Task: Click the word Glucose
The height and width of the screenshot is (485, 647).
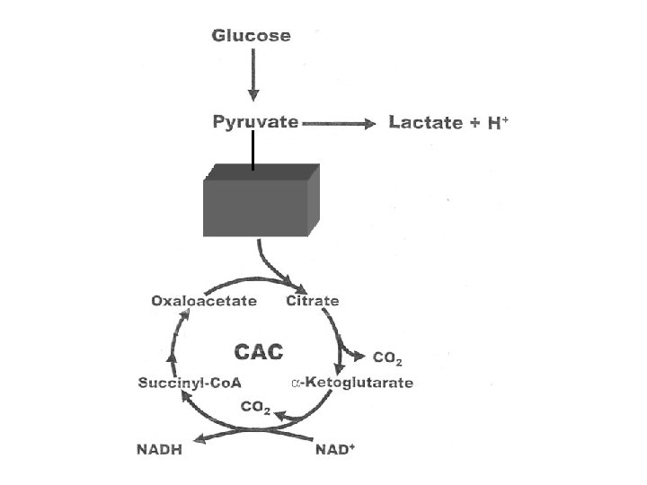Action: (251, 35)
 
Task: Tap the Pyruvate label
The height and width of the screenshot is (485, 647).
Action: (255, 122)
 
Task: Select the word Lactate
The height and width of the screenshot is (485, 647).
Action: (425, 122)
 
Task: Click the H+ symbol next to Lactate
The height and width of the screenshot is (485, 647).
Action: (498, 123)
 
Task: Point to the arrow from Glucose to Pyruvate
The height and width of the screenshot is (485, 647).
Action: (253, 75)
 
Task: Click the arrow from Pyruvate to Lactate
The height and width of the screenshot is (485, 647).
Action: (339, 123)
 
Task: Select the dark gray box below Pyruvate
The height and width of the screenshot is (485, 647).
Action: (261, 200)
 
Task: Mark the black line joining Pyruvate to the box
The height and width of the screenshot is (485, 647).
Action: (253, 150)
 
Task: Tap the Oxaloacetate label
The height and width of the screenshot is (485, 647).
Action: (204, 301)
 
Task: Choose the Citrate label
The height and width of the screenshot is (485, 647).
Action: (313, 301)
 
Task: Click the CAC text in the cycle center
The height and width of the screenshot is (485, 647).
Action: (259, 352)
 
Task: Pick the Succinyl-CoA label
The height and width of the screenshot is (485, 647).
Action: (190, 383)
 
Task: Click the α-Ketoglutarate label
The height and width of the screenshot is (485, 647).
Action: (352, 383)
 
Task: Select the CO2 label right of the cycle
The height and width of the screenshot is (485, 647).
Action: (387, 358)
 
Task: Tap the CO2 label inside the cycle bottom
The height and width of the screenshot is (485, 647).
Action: (255, 408)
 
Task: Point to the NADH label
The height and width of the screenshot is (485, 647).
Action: (159, 450)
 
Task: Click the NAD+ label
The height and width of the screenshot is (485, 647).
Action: (335, 449)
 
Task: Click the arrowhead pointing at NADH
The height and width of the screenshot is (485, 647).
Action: (200, 439)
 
